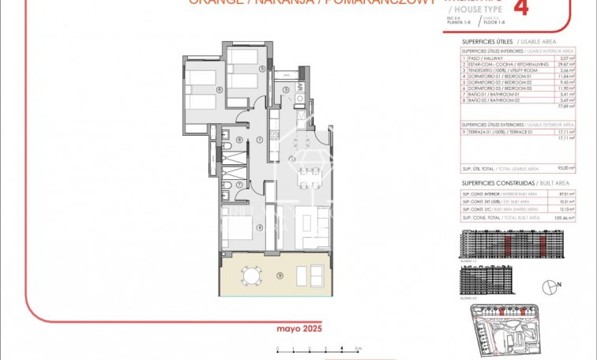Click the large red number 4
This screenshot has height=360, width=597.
(x=520, y=8)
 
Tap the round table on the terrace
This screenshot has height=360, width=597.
(x=251, y=276)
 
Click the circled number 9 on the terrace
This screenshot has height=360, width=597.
(x=280, y=275)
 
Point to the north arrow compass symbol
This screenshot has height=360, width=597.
(x=550, y=287)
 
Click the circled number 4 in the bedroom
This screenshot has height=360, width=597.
(x=260, y=227)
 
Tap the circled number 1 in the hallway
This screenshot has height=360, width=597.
(x=260, y=140)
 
